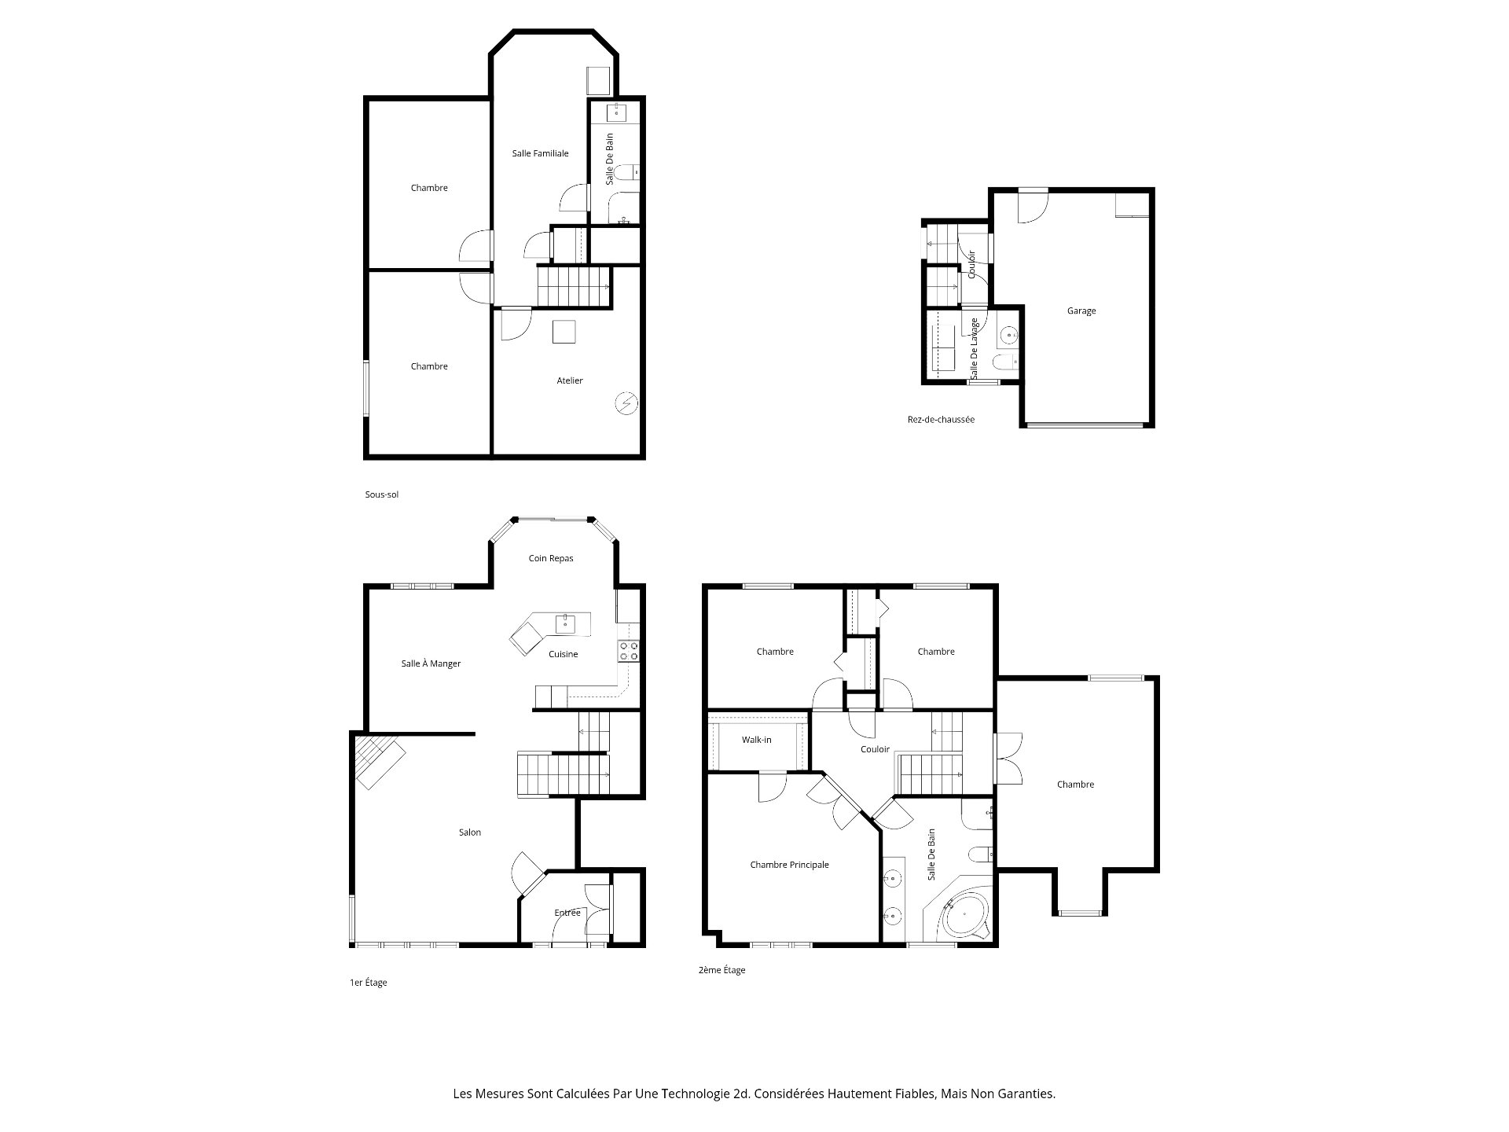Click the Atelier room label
tap(570, 380)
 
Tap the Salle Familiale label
tap(540, 153)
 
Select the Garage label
tap(1081, 311)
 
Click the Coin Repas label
tap(550, 558)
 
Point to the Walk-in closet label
tap(756, 740)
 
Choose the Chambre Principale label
tap(789, 865)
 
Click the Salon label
tap(470, 832)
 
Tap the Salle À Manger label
tap(431, 663)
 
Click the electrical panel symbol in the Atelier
tap(626, 403)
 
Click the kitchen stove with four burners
tap(629, 650)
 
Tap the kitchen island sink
tap(565, 624)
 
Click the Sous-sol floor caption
tap(381, 494)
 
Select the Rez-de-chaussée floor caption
tap(941, 420)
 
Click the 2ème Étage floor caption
tap(721, 970)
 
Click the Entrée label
tap(567, 913)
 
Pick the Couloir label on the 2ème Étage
tap(875, 749)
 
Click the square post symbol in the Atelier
tap(564, 332)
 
